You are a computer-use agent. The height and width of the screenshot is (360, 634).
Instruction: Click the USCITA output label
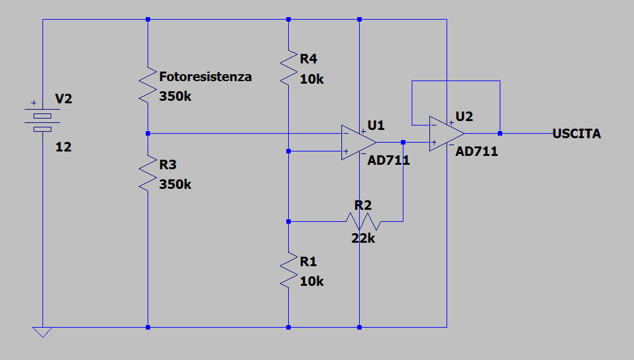576,134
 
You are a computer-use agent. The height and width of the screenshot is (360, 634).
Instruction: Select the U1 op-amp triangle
358,143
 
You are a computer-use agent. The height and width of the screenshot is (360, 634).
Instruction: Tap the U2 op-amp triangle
447,134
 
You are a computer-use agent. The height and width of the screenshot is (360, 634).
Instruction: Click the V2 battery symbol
42,120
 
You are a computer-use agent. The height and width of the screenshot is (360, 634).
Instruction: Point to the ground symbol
42,332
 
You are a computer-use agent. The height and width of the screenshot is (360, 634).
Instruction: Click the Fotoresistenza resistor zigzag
148,85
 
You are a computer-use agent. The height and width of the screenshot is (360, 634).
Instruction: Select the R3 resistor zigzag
148,173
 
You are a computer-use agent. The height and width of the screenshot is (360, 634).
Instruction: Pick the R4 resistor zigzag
289,68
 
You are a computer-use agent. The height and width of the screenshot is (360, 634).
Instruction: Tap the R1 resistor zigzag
289,270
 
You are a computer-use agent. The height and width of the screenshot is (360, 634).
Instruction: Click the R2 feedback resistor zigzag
363,222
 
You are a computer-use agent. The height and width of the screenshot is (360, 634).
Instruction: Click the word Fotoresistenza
205,77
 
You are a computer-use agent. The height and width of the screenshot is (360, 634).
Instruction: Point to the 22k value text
363,239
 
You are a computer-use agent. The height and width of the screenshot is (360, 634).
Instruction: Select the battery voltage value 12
63,147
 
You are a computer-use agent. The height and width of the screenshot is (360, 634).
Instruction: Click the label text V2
63,99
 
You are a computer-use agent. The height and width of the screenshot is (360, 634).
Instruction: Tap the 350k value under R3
175,184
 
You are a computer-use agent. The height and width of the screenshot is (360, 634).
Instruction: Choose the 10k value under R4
312,79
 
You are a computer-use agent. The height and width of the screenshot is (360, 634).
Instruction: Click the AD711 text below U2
477,151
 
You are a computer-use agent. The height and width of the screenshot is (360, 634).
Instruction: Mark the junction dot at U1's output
403,143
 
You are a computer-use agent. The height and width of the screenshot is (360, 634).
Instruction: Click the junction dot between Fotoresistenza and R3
148,134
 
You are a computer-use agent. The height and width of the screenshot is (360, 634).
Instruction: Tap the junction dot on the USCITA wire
500,134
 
